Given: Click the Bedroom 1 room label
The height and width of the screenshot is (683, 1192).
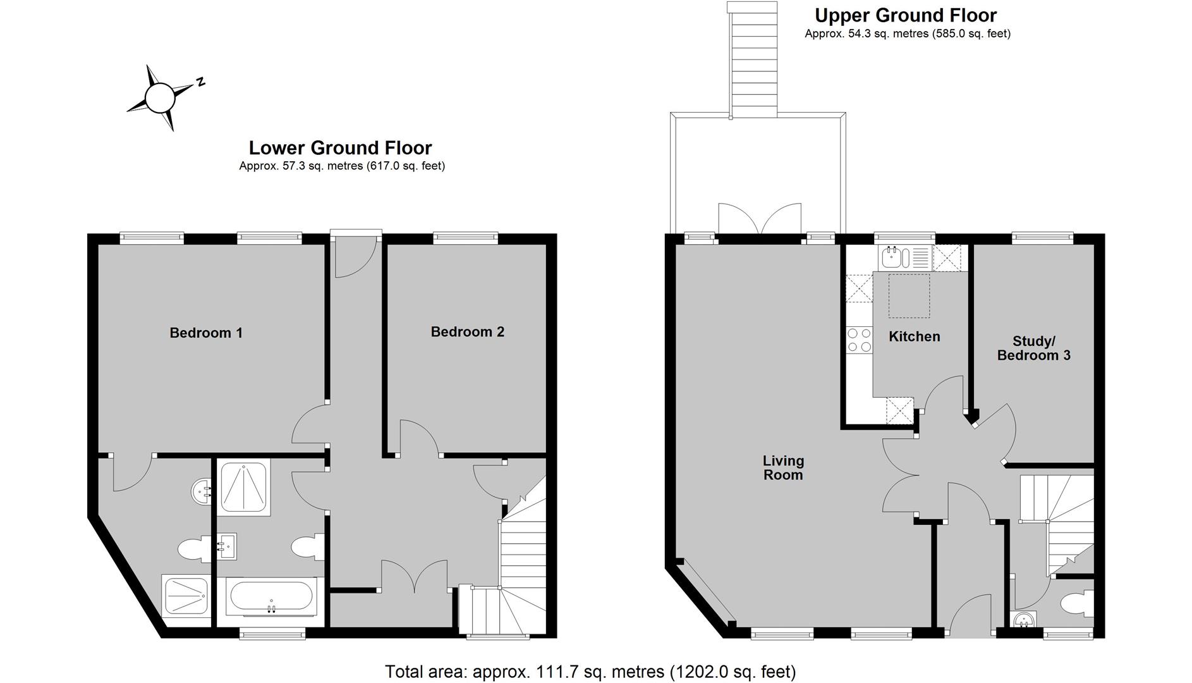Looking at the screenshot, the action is [206, 333].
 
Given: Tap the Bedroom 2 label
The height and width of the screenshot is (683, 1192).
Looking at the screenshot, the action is [468, 332].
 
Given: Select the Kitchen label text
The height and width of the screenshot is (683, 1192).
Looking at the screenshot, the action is [915, 336].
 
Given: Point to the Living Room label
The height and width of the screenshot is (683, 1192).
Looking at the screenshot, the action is [783, 468].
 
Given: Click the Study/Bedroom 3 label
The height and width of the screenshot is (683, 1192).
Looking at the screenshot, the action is [1034, 348].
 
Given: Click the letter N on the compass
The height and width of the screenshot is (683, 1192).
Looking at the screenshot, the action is [200, 82].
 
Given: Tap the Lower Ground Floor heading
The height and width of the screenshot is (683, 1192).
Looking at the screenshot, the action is [340, 148].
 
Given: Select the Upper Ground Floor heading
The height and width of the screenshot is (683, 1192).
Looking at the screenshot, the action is [906, 15].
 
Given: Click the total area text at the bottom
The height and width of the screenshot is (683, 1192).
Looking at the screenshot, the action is [590, 671].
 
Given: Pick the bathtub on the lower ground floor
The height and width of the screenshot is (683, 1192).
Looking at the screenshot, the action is [271, 597].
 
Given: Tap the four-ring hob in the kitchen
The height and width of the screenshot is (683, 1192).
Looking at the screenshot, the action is [859, 340].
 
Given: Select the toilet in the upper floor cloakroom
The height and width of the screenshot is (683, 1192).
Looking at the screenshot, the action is [1078, 603].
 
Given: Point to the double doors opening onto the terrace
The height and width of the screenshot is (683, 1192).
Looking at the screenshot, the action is [760, 219].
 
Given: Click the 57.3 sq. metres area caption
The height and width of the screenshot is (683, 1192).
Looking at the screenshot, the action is [342, 166].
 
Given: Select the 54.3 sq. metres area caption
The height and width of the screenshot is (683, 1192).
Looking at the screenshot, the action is [908, 34].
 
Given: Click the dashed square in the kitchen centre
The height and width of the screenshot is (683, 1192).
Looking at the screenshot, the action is [909, 295].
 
